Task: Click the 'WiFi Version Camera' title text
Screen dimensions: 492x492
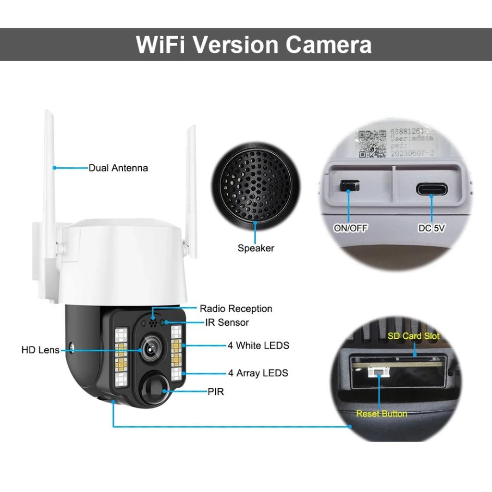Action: [x=254, y=45]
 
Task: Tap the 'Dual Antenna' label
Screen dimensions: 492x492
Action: [x=118, y=168]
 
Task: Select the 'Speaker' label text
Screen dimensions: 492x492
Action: [x=256, y=248]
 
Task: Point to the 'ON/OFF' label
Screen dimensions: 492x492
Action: [x=351, y=228]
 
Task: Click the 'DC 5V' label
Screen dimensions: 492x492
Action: [x=431, y=228]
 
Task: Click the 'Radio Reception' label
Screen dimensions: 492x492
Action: [x=236, y=308]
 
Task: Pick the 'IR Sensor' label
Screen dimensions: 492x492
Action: [x=227, y=322]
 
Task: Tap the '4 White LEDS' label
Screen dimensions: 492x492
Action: [x=258, y=345]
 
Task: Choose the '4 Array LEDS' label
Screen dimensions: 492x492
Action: [x=258, y=372]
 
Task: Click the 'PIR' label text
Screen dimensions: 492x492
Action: [x=216, y=392]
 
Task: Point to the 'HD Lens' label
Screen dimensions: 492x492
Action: [x=40, y=350]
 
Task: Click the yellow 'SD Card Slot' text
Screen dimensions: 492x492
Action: [x=413, y=336]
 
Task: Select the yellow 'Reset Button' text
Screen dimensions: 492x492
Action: [x=381, y=413]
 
